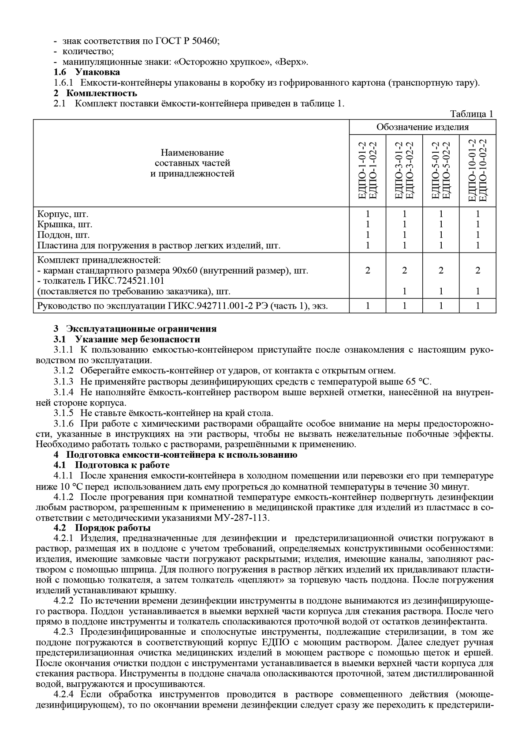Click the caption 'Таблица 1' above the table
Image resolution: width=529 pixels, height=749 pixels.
472,114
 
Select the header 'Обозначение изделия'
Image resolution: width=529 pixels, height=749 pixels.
422,127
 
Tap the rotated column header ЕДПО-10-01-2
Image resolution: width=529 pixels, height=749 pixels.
473,171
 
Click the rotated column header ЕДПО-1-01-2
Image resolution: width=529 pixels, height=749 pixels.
363,171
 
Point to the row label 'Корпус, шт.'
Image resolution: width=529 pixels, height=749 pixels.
63,214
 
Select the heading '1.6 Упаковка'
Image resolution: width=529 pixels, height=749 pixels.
87,72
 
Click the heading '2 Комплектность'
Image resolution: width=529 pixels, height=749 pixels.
95,93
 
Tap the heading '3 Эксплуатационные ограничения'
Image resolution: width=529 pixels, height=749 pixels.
135,329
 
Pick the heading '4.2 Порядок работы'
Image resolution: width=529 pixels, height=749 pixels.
102,528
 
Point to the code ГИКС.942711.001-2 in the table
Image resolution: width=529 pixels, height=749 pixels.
208,306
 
